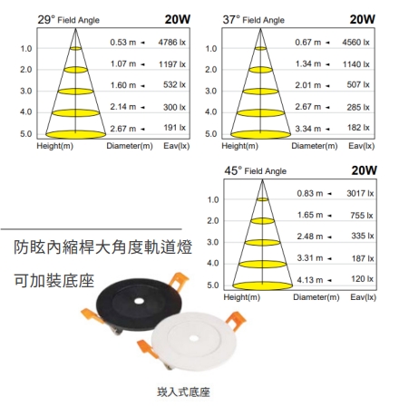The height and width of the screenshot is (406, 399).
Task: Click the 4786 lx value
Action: [x=172, y=42]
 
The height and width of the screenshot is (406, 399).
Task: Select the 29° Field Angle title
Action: [x=69, y=20]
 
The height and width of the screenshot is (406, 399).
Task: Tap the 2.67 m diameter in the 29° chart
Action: [x=123, y=129]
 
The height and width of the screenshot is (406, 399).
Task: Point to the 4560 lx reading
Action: [x=355, y=42]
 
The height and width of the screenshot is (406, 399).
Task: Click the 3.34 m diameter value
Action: [x=308, y=129]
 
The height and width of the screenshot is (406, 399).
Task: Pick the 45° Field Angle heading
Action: [x=255, y=171]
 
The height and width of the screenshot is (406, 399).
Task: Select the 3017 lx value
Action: [x=360, y=193]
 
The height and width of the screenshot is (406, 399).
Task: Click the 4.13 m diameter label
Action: [x=310, y=280]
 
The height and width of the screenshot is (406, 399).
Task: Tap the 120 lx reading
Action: [x=363, y=279]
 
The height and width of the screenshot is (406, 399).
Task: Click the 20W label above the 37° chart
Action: [x=363, y=19]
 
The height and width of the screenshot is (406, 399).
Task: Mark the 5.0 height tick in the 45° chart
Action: [x=213, y=285]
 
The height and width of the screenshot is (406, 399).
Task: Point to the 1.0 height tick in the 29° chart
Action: [x=26, y=48]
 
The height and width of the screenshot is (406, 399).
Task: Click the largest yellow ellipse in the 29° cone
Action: [x=75, y=134]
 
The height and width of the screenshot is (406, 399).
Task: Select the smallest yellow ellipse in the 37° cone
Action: [x=260, y=48]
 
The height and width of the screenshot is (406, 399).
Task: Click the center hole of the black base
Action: [x=139, y=301]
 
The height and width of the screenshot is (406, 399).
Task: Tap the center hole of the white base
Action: [x=194, y=338]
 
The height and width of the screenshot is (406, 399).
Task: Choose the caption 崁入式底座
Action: [x=183, y=392]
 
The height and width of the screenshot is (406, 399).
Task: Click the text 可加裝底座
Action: [x=54, y=280]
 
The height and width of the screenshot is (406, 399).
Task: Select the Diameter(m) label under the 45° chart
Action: [x=316, y=297]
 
